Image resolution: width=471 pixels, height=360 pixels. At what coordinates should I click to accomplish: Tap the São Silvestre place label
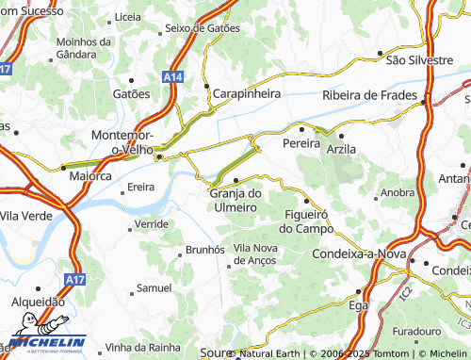[420, 59]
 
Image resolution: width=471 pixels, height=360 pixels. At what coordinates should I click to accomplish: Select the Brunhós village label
[204, 249]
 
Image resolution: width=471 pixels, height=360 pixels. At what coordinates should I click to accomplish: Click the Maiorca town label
[92, 175]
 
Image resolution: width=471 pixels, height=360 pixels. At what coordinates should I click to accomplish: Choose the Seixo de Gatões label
[202, 28]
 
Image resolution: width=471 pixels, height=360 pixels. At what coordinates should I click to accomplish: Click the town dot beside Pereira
[301, 129]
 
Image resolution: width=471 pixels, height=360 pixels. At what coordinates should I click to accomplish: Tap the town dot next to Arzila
[341, 136]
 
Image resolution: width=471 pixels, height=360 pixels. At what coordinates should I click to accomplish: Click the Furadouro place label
[416, 332]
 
